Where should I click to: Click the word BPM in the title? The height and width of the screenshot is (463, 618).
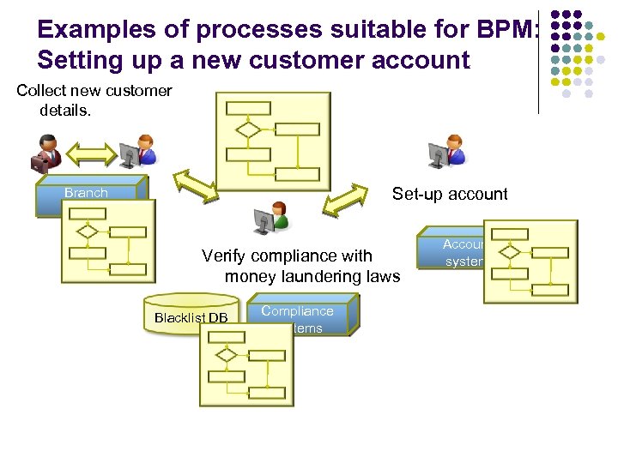click(506, 30)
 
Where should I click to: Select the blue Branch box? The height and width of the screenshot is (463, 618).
click(87, 193)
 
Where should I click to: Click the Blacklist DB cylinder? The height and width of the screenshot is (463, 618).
click(191, 317)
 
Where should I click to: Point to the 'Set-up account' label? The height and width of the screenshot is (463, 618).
click(450, 194)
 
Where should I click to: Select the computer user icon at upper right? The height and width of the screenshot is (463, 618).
click(446, 153)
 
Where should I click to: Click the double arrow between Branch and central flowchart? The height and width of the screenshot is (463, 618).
click(197, 186)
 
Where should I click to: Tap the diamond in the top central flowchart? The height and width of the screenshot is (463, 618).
click(249, 129)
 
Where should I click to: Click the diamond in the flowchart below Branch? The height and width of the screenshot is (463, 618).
click(87, 231)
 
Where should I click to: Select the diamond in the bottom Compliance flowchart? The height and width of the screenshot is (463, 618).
click(227, 355)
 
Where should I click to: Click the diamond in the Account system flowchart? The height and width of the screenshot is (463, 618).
click(510, 252)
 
